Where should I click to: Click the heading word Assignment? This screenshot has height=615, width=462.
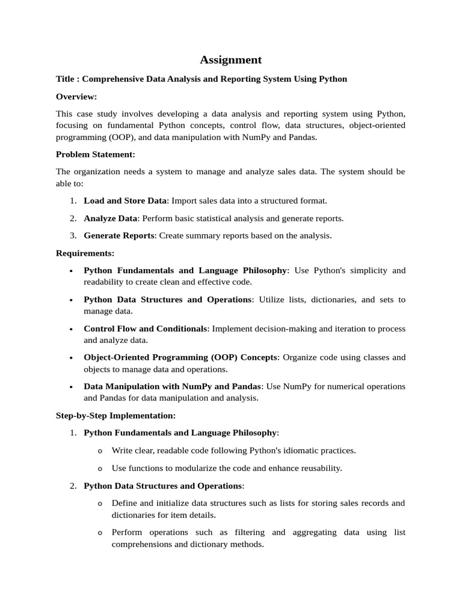point(230,59)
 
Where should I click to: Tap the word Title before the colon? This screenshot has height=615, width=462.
point(66,79)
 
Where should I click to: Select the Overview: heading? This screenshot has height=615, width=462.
point(76,97)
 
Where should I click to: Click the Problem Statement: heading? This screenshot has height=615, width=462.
point(95,154)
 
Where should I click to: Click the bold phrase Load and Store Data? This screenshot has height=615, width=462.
point(125,201)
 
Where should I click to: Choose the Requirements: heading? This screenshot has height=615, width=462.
point(85,253)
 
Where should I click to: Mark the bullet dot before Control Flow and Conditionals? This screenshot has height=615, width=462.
point(71,329)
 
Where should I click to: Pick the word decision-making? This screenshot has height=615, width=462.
point(291,329)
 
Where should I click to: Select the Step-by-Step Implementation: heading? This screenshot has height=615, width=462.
point(115,416)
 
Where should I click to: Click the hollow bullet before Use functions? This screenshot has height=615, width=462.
point(100,468)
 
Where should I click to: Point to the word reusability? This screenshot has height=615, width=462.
point(319,468)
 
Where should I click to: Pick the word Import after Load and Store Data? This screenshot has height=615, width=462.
point(185,201)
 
